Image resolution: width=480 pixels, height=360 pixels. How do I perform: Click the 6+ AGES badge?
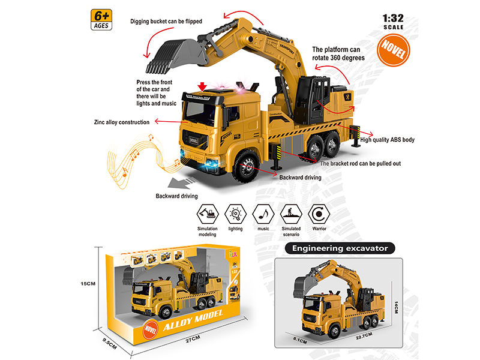coord(101,20)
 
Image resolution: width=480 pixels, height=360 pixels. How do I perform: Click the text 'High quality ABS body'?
coord(387,140)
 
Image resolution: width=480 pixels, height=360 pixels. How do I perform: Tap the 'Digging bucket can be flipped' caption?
coord(166,22)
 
